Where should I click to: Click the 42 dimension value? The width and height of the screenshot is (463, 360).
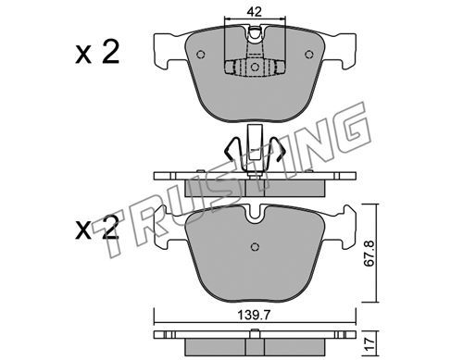point(255,12)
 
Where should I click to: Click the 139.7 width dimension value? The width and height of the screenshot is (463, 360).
point(254,316)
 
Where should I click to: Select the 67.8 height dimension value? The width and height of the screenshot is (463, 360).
point(369,254)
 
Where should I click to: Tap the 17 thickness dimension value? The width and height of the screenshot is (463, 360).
point(369,342)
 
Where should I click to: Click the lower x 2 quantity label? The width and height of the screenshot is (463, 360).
point(97,228)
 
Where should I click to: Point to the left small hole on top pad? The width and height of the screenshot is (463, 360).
point(201,55)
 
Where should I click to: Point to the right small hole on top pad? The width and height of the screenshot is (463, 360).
point(309,55)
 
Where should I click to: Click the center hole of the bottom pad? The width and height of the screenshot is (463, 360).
point(255,247)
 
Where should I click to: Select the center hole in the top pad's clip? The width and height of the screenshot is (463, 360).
point(255,67)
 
